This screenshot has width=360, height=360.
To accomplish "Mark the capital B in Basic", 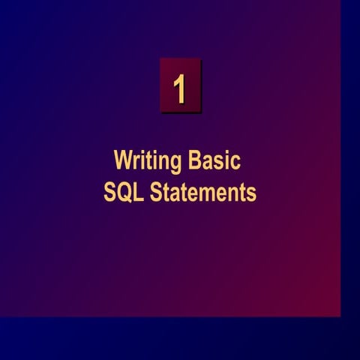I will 195,161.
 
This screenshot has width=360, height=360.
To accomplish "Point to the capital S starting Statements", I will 155,192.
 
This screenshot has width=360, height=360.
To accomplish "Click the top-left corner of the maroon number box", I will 160,59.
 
